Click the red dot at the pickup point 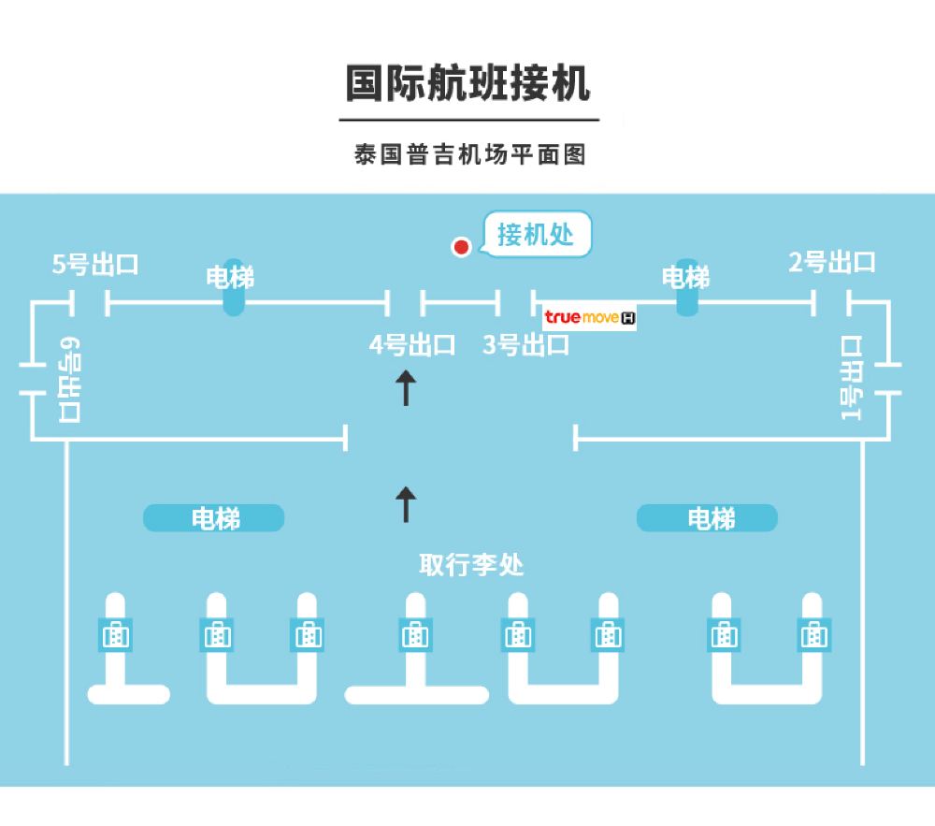[x=461, y=246]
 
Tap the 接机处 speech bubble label [x=536, y=235]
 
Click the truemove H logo [x=589, y=317]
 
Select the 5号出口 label [x=95, y=264]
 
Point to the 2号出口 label [x=832, y=263]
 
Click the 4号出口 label [x=412, y=345]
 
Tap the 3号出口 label [x=525, y=345]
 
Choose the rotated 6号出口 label [x=69, y=380]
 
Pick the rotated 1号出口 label [x=851, y=378]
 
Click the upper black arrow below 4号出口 [x=406, y=387]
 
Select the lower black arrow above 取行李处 [x=406, y=504]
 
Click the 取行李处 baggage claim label [x=471, y=564]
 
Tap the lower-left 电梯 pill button [x=213, y=518]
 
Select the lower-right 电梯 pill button [x=707, y=518]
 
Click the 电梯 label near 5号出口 [x=230, y=278]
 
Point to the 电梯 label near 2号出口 [x=685, y=278]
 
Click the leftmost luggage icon [x=115, y=635]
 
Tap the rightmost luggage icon [x=814, y=635]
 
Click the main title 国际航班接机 [x=468, y=83]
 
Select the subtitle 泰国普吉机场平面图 [x=470, y=154]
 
